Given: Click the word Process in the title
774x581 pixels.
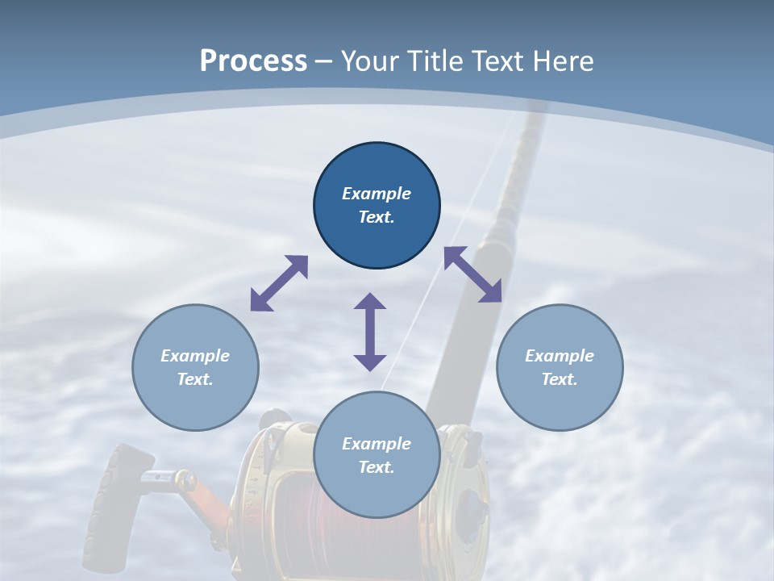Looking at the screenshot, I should (x=253, y=61).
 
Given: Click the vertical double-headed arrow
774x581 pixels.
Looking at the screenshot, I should (x=370, y=332).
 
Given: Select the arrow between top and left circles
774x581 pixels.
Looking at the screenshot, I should (x=279, y=283).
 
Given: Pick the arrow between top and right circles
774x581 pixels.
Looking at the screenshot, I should (x=472, y=275).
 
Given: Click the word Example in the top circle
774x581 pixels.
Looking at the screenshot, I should (x=377, y=194).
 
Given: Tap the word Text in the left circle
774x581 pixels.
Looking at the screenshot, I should (x=195, y=379).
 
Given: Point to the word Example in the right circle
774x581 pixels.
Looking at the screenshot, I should (x=560, y=356).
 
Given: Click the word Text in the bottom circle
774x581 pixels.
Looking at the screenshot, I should (x=377, y=467).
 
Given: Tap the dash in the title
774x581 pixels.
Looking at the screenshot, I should (x=324, y=62).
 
